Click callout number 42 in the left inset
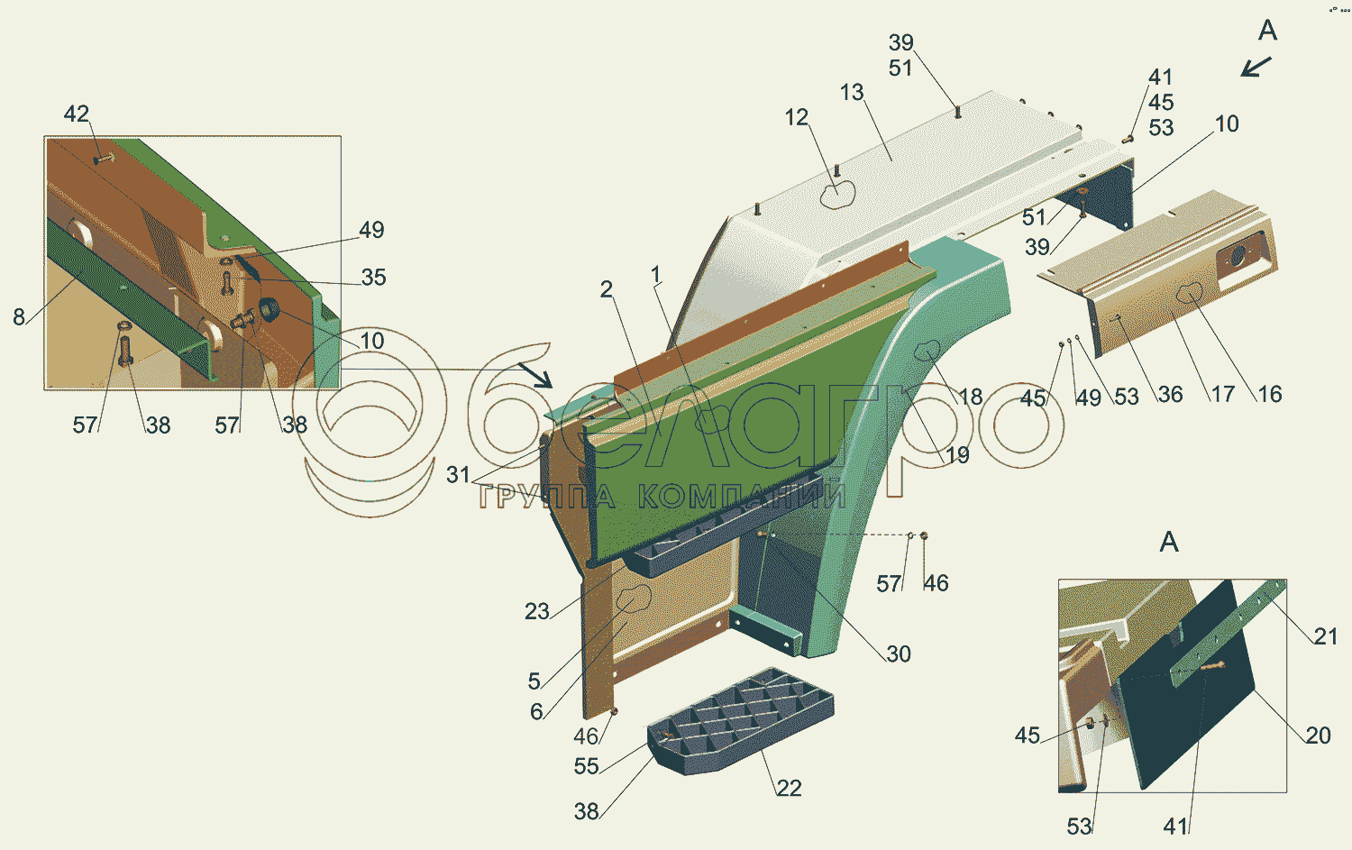click(x=77, y=114)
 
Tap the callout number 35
click(x=373, y=278)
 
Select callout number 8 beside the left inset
click(x=19, y=316)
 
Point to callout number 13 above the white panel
click(x=852, y=93)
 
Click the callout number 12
click(x=797, y=118)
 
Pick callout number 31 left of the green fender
click(x=458, y=475)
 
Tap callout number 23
click(x=537, y=612)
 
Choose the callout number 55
click(x=586, y=766)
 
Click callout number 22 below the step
click(x=789, y=789)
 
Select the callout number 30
click(x=899, y=654)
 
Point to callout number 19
click(x=957, y=455)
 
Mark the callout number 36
click(x=1170, y=394)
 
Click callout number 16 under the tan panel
click(x=1270, y=394)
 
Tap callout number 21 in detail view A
click(x=1326, y=636)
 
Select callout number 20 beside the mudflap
click(x=1318, y=736)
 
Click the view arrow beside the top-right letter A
click(x=1256, y=67)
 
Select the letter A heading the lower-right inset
click(x=1169, y=543)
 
